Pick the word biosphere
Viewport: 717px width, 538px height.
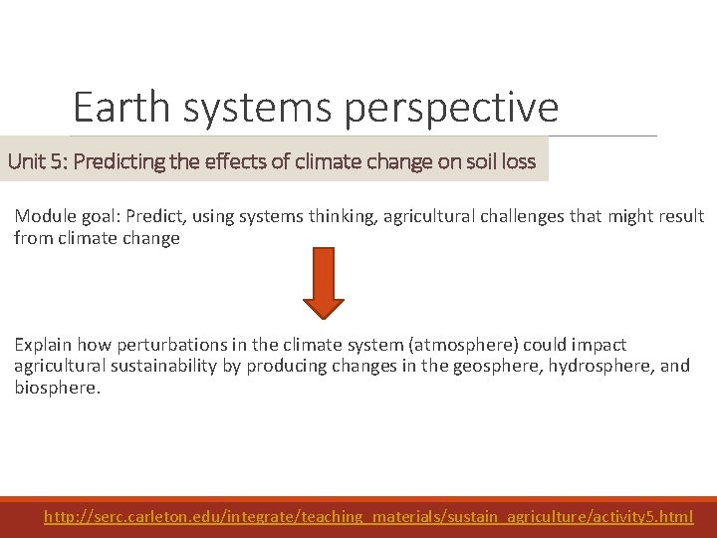tap(56, 387)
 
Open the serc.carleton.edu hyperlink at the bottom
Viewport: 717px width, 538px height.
tap(368, 516)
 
